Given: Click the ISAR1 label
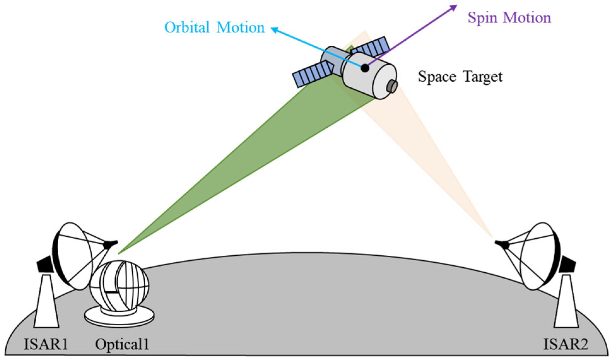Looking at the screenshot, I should point(46,344).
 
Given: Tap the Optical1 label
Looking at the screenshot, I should point(122,344).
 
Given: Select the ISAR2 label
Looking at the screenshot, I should point(565,344).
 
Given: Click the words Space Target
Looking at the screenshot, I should point(460,77).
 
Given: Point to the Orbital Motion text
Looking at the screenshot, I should point(214,27).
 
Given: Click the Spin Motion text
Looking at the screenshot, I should point(509,18).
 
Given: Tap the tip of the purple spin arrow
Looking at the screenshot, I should point(456,6).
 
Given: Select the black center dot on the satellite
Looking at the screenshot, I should point(365,68).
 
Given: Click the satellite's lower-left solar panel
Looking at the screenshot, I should point(312,74).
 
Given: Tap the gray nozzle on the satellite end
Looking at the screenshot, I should point(393,86).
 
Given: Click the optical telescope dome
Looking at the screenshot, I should point(119,285).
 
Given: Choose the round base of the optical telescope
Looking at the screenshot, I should point(119,317).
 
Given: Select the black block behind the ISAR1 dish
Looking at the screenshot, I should point(45,264).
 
